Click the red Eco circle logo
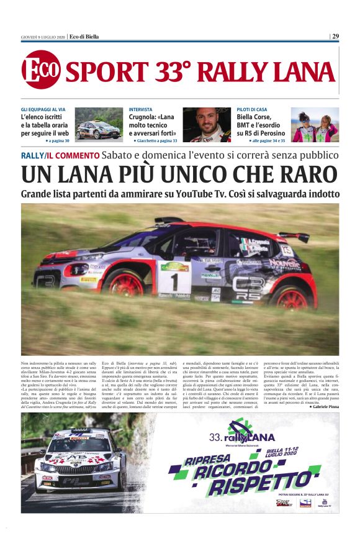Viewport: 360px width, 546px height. click(41, 69)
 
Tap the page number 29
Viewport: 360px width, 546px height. click(335, 36)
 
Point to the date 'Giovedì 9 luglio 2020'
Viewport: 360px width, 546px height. click(43, 37)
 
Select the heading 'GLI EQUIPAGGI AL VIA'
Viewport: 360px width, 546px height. click(43, 109)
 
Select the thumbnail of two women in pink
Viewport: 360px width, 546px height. click(315, 125)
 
